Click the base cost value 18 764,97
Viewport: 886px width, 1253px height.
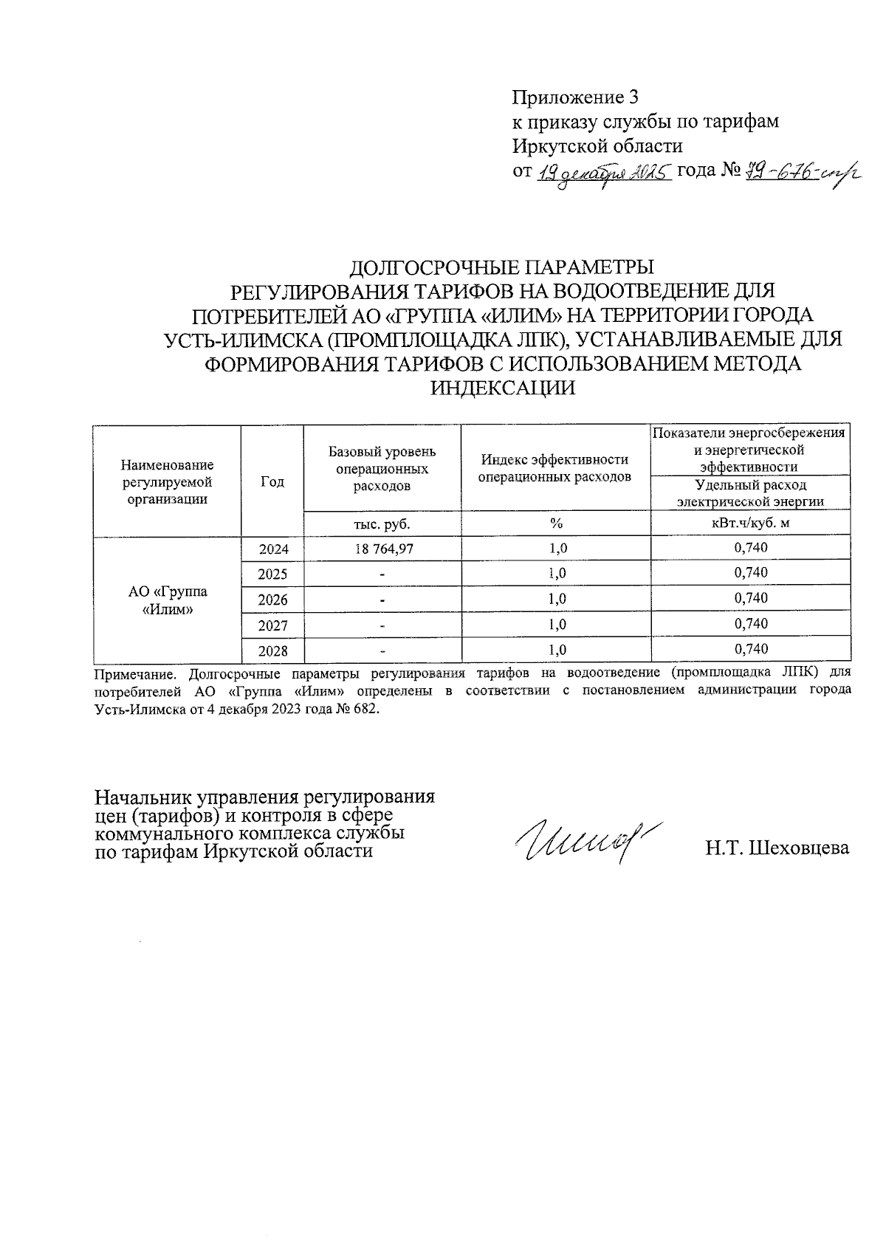coord(382,549)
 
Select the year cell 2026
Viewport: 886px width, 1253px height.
coord(272,600)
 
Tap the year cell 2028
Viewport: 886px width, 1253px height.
coord(272,650)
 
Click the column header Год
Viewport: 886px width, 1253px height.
coord(272,481)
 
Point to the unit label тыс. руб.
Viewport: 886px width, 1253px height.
coord(382,523)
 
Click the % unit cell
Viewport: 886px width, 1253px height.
coord(555,523)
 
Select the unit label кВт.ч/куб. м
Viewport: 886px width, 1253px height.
coord(750,523)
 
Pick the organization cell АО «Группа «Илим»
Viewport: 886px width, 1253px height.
coord(168,600)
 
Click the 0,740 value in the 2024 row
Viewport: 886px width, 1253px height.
coord(751,548)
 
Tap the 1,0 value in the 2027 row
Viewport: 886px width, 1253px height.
coord(557,625)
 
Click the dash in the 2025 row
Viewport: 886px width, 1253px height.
coord(382,574)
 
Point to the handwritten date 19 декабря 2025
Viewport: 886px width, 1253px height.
coord(604,174)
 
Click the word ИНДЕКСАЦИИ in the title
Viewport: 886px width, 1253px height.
coord(502,388)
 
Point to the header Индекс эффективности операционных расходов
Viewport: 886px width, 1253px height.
coord(555,468)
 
